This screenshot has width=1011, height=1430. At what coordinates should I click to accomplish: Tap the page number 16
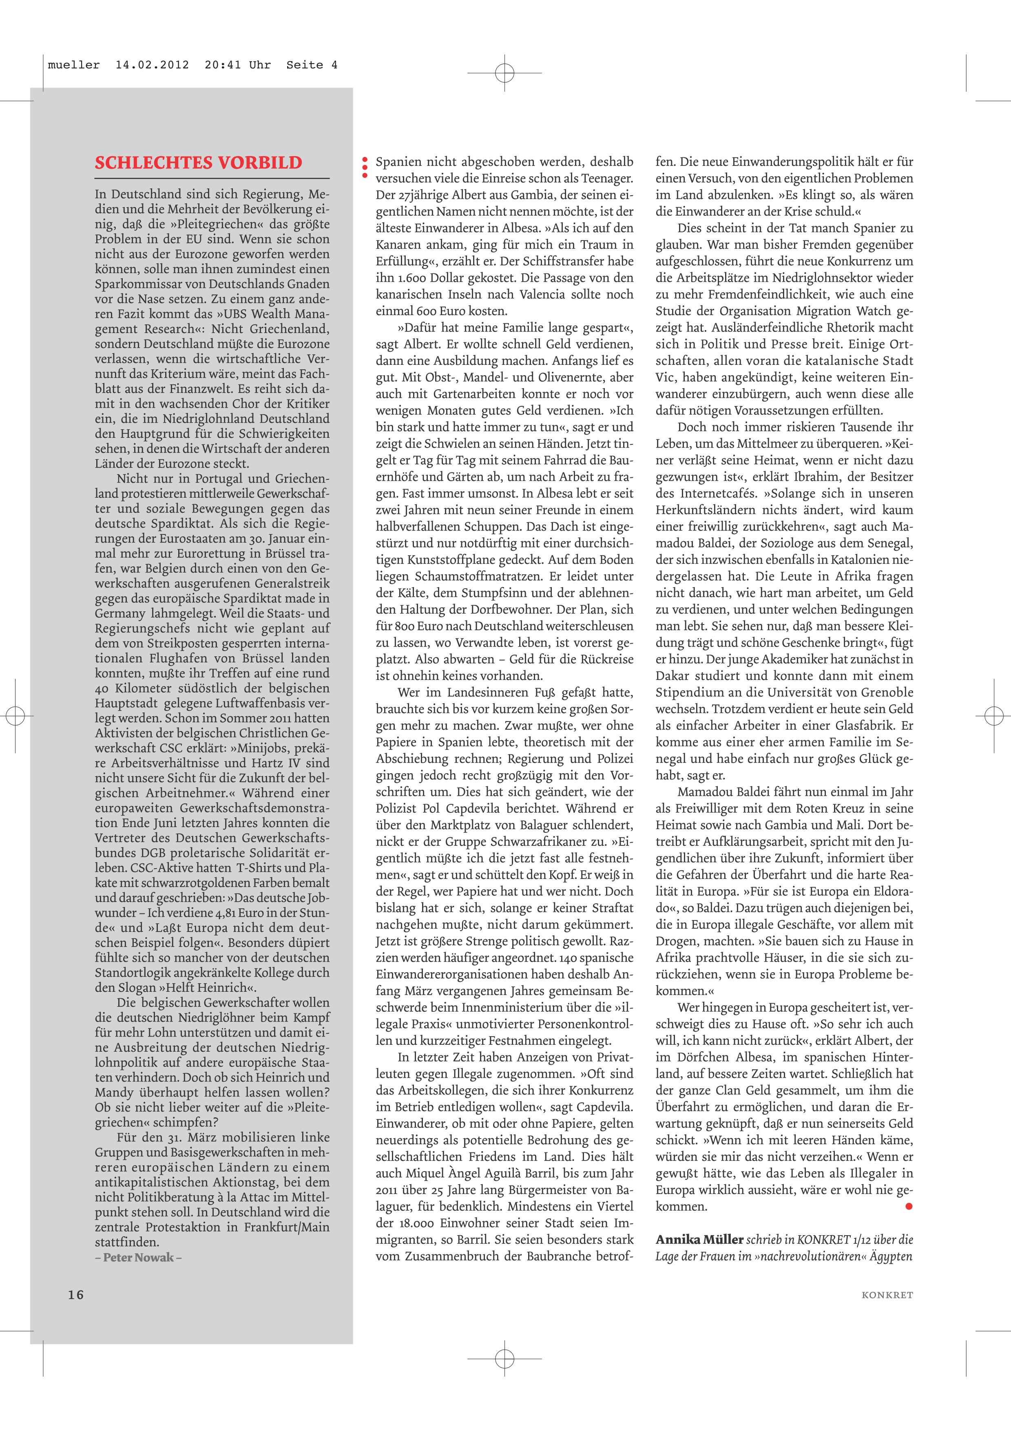(x=76, y=1295)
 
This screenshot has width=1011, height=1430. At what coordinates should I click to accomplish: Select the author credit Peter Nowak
(x=138, y=1257)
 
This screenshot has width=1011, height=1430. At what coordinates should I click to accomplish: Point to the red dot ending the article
(x=909, y=1206)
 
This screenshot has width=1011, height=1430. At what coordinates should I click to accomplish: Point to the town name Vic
(x=665, y=377)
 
